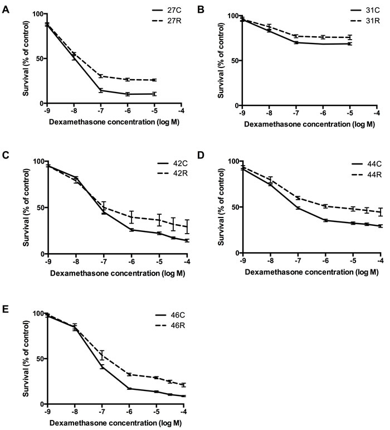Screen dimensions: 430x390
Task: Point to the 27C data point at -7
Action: click(101, 90)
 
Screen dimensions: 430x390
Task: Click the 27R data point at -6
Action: click(128, 80)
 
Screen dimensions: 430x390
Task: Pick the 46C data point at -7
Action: click(102, 366)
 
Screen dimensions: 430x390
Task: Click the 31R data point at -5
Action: click(349, 37)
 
